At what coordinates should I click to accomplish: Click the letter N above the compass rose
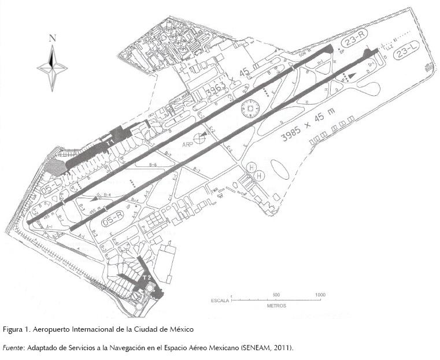pyautogui.click(x=53, y=39)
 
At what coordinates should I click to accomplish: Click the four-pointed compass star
pyautogui.click(x=52, y=68)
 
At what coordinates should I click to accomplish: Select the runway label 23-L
pyautogui.click(x=405, y=55)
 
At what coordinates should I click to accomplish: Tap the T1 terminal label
pyautogui.click(x=109, y=140)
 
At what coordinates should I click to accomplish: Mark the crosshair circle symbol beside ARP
pyautogui.click(x=200, y=138)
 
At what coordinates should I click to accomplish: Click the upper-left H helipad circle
pyautogui.click(x=252, y=167)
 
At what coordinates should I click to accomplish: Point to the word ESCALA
pyautogui.click(x=220, y=300)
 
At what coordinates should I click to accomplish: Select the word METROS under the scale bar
pyautogui.click(x=276, y=306)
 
